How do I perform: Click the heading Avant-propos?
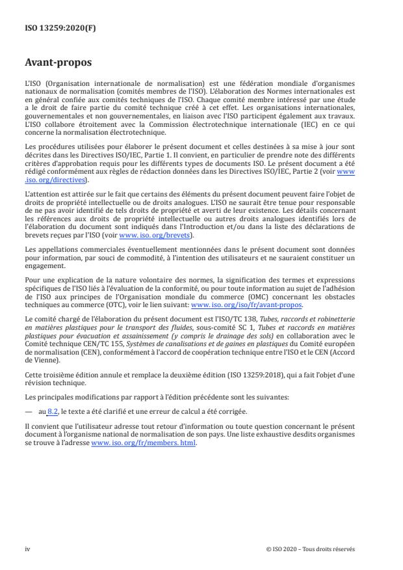58,64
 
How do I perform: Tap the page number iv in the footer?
27,549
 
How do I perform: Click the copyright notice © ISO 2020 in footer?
311,549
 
